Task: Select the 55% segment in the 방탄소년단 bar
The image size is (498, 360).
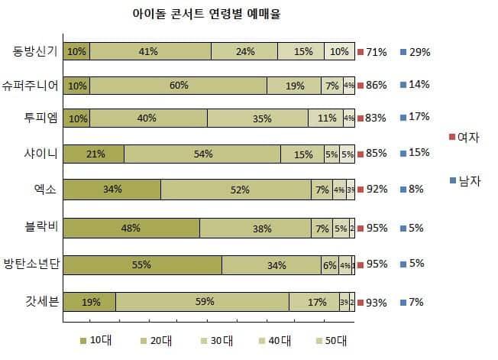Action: click(142, 265)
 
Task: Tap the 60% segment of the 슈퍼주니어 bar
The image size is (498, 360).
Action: click(178, 85)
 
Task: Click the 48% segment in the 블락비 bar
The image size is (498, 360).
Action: click(131, 228)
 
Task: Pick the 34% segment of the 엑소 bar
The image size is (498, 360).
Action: click(112, 189)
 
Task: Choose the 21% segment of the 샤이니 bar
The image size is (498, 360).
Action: click(95, 154)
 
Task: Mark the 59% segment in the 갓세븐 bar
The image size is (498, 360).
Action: click(204, 302)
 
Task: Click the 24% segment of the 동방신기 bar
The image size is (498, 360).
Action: click(244, 52)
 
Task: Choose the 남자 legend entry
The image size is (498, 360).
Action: click(467, 180)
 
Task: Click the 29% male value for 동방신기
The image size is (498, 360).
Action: click(419, 52)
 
